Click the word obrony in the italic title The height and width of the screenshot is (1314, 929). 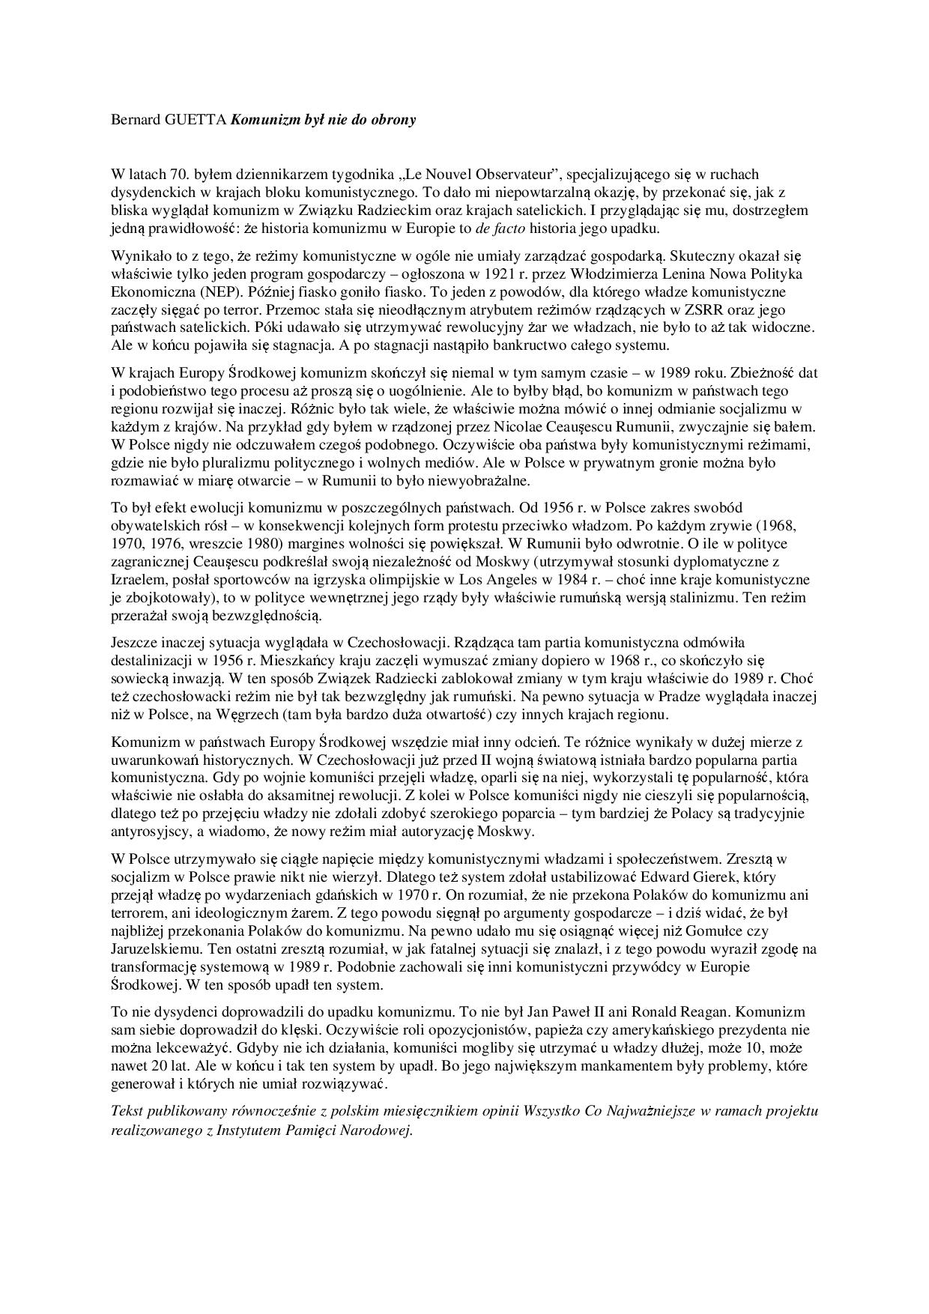click(x=392, y=119)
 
